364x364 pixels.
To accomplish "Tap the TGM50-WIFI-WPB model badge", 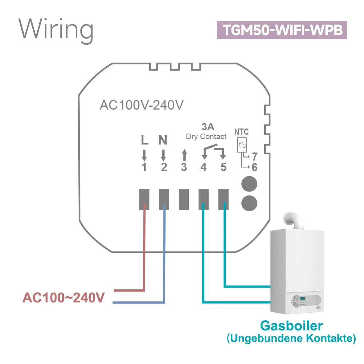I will click(x=282, y=30).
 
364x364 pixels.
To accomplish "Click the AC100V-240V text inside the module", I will click(x=142, y=105).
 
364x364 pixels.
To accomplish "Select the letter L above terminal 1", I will click(x=144, y=140).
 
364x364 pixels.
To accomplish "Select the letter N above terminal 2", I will click(x=163, y=140).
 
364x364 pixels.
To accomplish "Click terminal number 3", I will click(x=184, y=167).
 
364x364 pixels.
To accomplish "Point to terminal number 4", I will click(x=203, y=167).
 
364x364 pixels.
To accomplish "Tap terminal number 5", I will click(x=223, y=167).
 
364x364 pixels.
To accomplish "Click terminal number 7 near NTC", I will click(x=254, y=157).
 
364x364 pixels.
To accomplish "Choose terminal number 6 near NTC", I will click(x=254, y=167).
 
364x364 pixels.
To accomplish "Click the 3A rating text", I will click(x=207, y=127).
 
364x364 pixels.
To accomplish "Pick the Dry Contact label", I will click(x=206, y=137).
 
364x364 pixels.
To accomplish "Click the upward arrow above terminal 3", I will click(x=184, y=155).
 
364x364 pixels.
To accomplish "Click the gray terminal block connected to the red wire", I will click(x=145, y=199).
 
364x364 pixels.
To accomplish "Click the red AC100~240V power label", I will click(x=64, y=298).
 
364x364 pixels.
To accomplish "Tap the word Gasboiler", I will click(x=291, y=325).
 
